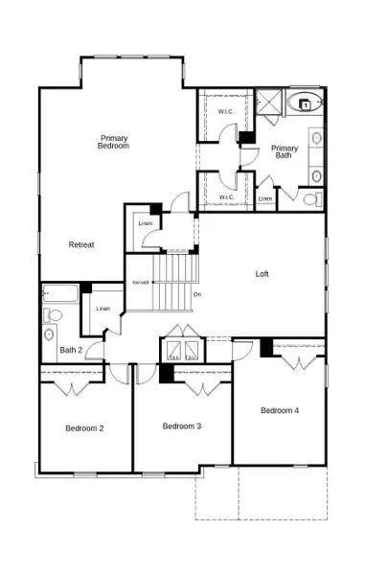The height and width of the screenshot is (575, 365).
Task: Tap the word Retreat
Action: point(81,244)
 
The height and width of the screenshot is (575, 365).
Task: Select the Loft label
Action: point(262,274)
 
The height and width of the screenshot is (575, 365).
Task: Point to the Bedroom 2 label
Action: point(84,427)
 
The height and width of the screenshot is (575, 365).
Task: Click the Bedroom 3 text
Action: point(181,425)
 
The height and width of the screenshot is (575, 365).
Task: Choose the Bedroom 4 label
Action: point(280,410)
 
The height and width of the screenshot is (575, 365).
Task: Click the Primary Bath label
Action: point(285,152)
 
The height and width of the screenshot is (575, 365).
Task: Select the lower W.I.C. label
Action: point(226,197)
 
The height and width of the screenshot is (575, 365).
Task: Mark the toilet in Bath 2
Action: point(53,315)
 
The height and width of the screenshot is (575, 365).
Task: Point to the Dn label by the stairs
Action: point(196,293)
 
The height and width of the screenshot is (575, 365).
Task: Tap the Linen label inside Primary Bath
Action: point(265,199)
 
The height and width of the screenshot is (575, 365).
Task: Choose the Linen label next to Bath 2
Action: point(103,309)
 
